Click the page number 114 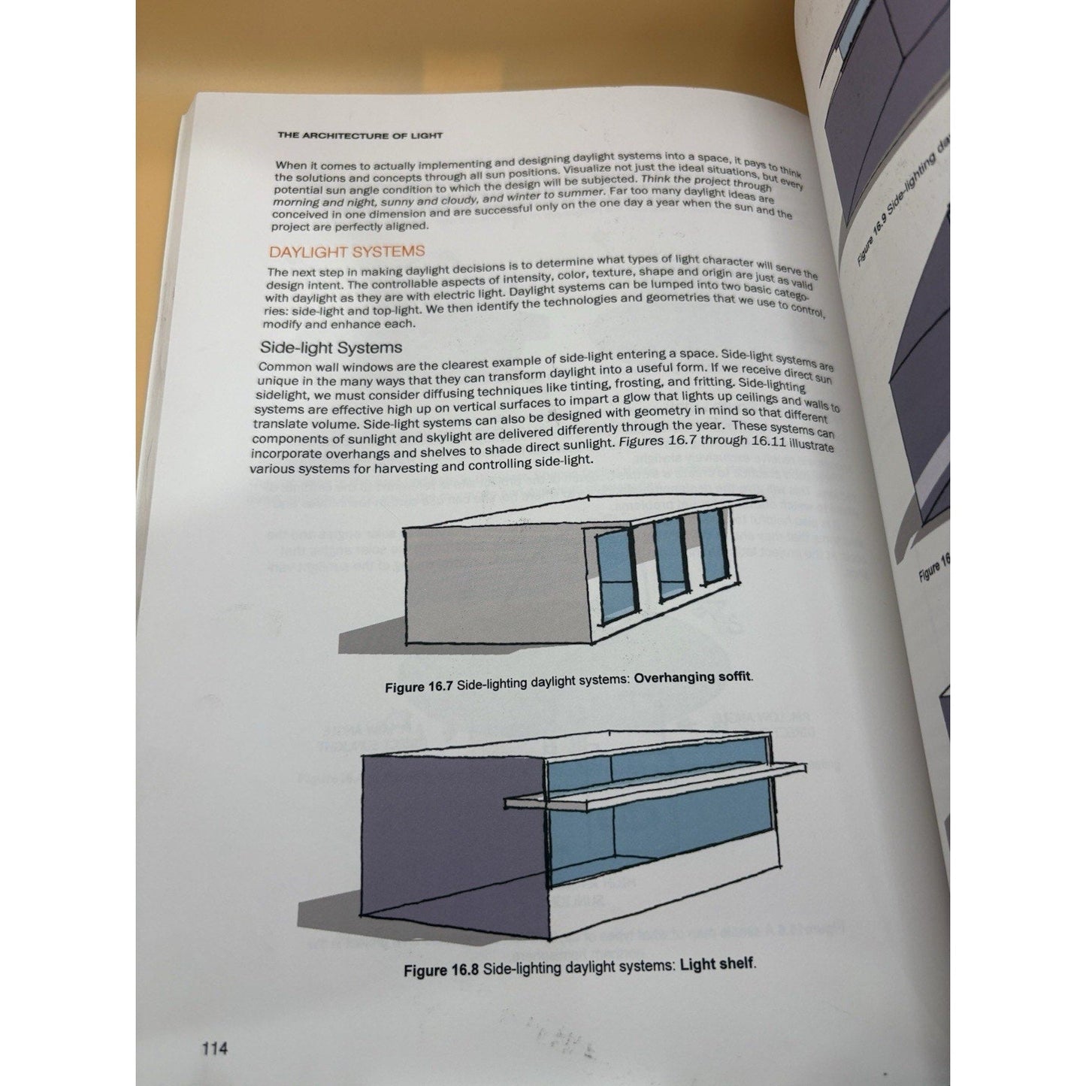click(214, 1048)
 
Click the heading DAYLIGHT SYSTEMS click(346, 252)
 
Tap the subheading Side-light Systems click(331, 347)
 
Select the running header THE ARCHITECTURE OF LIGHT click(360, 136)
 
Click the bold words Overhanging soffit click(692, 678)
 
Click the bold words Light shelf click(716, 963)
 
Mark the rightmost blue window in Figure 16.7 click(712, 547)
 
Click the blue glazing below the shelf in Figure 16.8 click(661, 838)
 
